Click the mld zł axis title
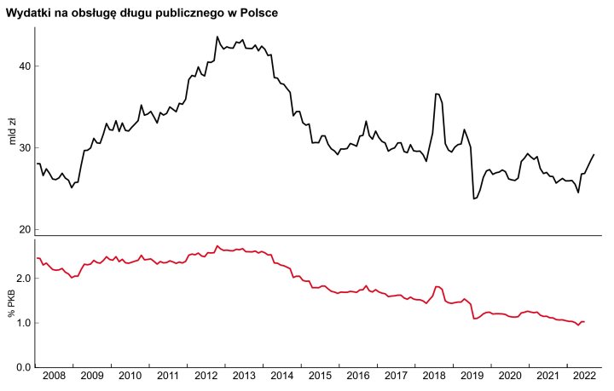[12, 132]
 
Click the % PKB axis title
[12, 302]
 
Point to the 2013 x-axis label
[244, 376]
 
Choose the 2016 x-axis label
[358, 376]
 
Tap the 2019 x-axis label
[472, 376]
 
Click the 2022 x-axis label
[584, 376]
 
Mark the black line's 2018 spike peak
[437, 94]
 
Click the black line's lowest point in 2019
[473, 198]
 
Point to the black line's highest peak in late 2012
[217, 37]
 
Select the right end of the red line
[584, 321]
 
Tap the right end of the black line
[594, 154]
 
